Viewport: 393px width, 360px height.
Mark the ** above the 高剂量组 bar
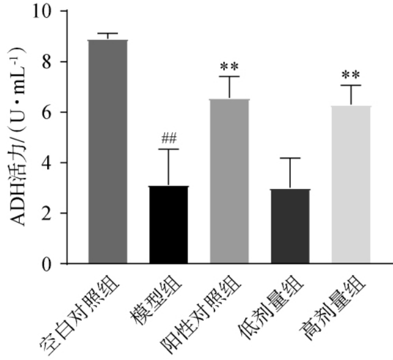coord(350,75)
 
